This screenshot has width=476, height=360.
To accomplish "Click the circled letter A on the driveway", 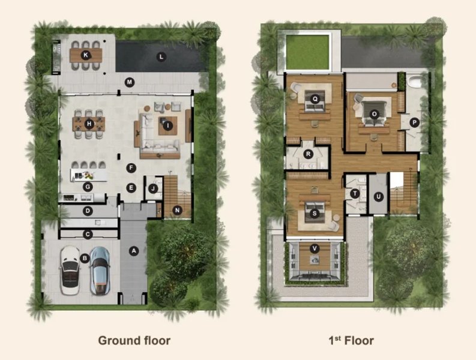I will [x=134, y=251].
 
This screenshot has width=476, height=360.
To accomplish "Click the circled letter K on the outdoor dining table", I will [x=86, y=55].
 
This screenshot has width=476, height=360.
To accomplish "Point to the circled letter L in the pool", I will [x=160, y=57].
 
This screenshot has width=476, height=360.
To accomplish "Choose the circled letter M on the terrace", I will [x=128, y=82].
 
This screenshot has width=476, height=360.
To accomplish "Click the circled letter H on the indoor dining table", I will [x=89, y=124].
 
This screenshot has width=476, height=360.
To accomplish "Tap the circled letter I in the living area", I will [x=168, y=125].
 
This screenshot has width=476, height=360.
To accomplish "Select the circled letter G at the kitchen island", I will [x=88, y=187].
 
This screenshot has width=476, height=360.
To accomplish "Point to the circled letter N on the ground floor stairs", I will [x=177, y=210].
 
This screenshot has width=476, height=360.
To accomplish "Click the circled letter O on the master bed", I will [x=375, y=113].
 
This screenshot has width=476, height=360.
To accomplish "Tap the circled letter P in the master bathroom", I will [x=414, y=122].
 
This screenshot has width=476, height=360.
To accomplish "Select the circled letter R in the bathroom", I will [x=308, y=154].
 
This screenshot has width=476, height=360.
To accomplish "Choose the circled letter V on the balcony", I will [x=314, y=248].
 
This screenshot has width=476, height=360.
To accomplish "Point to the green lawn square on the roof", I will [x=309, y=52].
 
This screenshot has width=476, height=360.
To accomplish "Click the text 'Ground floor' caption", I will [x=134, y=341].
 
